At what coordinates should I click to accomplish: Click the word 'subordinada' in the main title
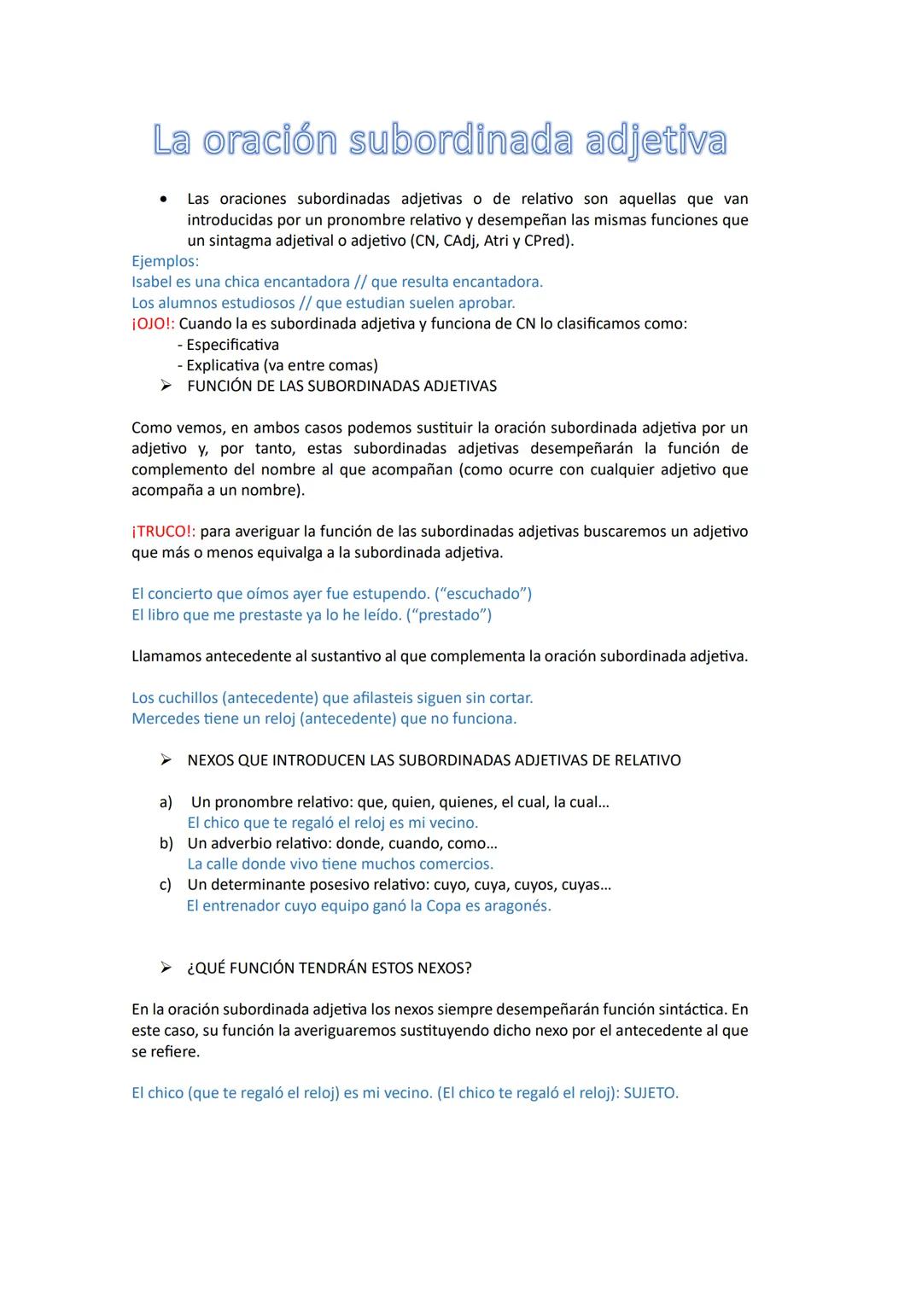[462, 141]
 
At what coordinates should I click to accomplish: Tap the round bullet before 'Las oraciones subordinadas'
[162, 200]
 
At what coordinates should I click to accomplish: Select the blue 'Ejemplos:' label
[165, 261]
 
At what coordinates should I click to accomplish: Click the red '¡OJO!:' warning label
[153, 323]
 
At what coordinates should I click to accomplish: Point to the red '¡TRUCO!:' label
[163, 532]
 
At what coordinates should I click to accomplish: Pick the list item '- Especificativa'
[228, 345]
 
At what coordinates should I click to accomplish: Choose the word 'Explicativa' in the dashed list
[222, 365]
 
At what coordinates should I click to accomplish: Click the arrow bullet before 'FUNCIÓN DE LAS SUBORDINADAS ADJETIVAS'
[166, 386]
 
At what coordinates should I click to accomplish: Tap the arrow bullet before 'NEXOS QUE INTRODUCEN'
[166, 760]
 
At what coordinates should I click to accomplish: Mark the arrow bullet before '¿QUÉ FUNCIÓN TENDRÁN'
[166, 968]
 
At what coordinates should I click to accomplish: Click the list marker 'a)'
[166, 802]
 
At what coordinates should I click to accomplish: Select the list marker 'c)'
[166, 885]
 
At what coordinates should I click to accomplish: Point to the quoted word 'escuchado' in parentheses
[483, 594]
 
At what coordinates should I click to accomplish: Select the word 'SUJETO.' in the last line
[651, 1093]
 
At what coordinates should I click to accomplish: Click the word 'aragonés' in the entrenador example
[517, 906]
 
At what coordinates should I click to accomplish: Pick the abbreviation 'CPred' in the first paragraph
[546, 241]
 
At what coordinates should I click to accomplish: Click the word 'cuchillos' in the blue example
[188, 698]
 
